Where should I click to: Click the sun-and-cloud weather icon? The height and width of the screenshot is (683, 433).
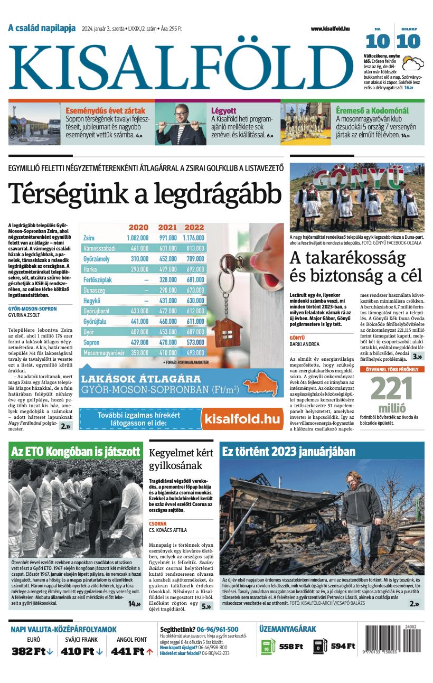click(413, 64)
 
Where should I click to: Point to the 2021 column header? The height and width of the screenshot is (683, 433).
click(167, 228)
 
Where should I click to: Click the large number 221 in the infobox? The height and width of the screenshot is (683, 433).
click(391, 390)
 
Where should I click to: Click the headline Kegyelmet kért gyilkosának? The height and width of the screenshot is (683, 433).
click(181, 459)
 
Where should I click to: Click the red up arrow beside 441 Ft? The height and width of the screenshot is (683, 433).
click(150, 651)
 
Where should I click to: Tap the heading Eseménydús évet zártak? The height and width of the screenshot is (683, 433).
click(105, 111)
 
